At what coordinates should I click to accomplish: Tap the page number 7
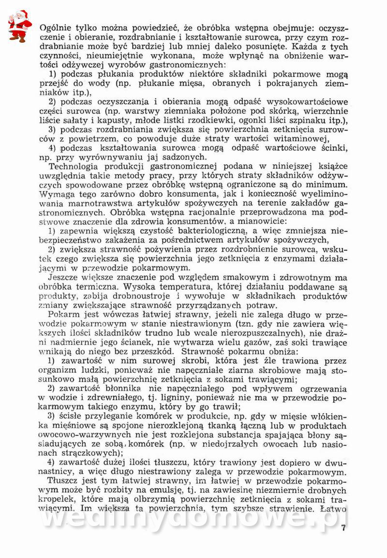coord(343,527)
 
